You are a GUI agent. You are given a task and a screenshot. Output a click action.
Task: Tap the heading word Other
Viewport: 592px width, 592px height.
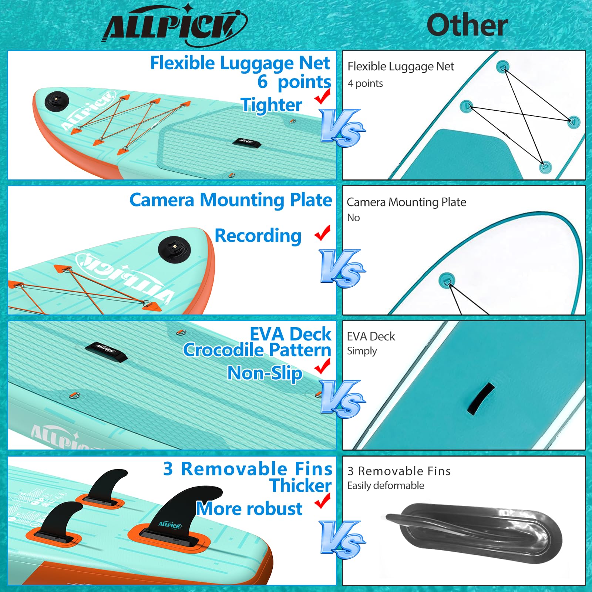[x=467, y=25]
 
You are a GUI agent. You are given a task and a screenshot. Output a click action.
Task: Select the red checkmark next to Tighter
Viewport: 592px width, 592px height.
[x=322, y=97]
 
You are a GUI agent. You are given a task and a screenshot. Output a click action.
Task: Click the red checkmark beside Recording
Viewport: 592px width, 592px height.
[x=322, y=233]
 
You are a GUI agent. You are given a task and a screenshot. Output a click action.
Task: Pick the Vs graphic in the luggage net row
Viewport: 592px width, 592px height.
[x=342, y=128]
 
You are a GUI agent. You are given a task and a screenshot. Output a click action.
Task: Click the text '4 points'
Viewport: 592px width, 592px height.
[x=365, y=84]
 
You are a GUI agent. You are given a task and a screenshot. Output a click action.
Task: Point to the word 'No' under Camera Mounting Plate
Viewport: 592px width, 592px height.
[x=353, y=218]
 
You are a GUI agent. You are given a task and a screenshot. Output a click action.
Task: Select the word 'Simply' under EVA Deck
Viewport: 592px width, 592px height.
[x=362, y=351]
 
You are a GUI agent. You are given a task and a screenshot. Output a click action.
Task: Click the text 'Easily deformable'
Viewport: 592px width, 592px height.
[x=386, y=485]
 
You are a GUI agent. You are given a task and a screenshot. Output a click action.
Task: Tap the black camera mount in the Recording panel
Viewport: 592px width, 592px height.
[x=174, y=249]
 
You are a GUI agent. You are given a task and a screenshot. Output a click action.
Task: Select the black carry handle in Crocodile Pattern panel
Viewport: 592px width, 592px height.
[x=106, y=351]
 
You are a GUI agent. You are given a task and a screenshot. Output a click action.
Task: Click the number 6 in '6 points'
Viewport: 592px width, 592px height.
[x=262, y=82]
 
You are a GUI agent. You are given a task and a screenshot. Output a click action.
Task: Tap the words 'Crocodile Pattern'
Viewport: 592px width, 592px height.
[x=257, y=350]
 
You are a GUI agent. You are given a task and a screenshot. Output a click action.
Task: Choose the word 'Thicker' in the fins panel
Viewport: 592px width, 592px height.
[x=300, y=485]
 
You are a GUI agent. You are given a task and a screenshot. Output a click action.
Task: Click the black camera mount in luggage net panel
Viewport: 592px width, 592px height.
[x=57, y=100]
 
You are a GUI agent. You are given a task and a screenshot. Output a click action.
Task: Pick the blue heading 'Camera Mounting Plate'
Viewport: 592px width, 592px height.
[x=231, y=200]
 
